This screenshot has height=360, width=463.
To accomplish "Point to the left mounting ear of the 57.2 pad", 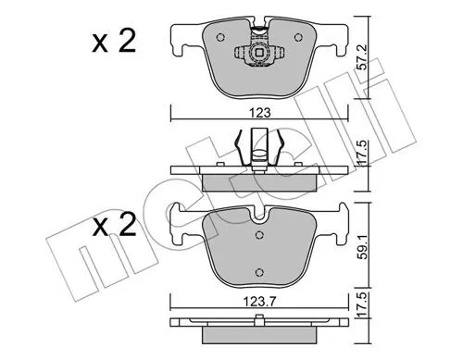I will tap(181, 39).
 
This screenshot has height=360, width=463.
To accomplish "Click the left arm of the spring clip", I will tap(240, 148).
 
